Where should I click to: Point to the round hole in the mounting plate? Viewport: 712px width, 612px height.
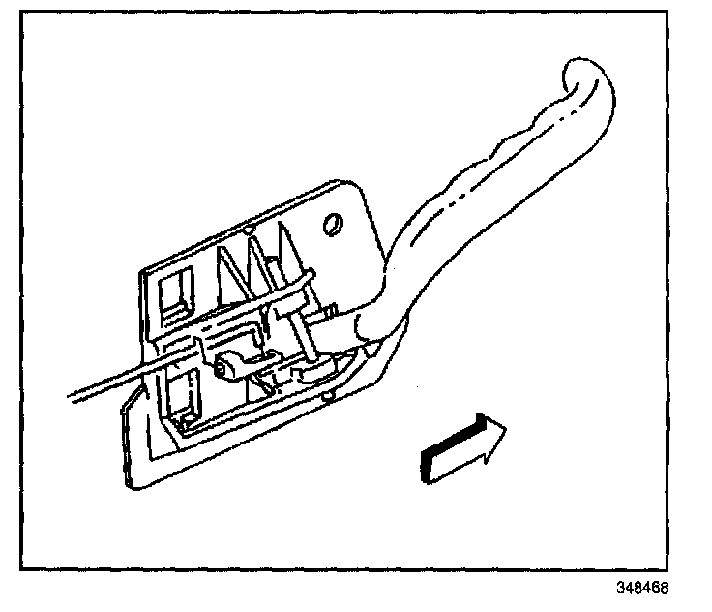pos(334,225)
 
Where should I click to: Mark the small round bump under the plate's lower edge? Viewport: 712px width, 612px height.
pos(330,394)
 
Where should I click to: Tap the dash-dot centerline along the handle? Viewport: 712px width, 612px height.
pos(484,194)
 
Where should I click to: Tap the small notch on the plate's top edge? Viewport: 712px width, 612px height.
pos(249,231)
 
